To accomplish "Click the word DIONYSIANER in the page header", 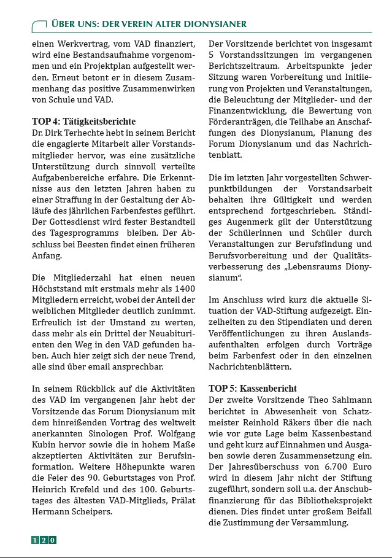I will click(212, 24).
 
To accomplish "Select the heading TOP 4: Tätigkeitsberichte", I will click(83, 122).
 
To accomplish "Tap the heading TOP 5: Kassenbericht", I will click(253, 389).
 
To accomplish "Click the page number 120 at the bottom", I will click(44, 540).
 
